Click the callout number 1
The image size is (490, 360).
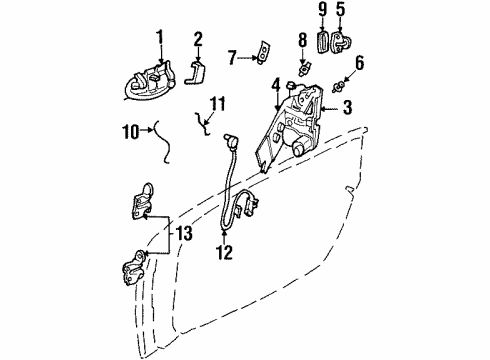(157, 39)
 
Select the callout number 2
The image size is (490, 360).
(197, 39)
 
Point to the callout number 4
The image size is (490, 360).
(277, 95)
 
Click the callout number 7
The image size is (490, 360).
(231, 58)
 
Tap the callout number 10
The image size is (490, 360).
(128, 129)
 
